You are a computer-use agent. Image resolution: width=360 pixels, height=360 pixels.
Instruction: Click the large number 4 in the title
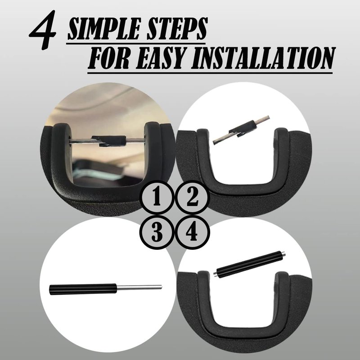[x=44, y=30]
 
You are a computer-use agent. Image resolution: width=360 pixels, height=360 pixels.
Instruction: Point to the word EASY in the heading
[x=161, y=58]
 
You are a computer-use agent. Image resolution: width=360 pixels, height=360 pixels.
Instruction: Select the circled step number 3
[x=157, y=232]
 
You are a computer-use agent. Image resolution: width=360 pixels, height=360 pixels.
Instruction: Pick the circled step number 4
[x=193, y=232]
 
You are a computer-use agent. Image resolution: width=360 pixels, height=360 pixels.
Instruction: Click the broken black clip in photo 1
[x=109, y=141]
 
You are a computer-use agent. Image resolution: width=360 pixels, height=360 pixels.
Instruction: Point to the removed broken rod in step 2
[x=241, y=130]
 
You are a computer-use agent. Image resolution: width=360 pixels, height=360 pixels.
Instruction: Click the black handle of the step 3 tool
[x=83, y=289]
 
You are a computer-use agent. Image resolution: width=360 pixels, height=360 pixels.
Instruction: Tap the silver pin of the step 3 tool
[x=139, y=287]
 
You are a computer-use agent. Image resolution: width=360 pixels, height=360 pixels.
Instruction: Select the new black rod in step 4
[x=250, y=264]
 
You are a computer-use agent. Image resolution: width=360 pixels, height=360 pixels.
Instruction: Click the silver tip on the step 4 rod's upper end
[x=284, y=254]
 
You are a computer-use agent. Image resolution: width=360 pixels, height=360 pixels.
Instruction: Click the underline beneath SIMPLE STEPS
[x=136, y=43]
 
